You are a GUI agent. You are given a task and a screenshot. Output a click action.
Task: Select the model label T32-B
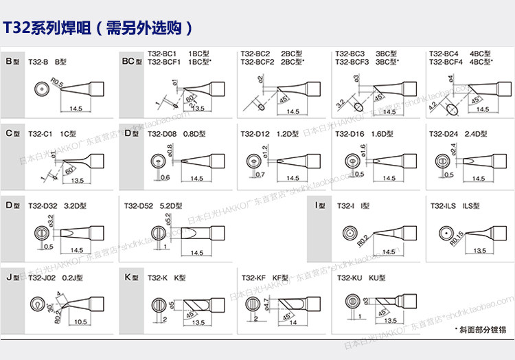(39, 62)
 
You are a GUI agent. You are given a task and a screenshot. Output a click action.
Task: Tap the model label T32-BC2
(255, 53)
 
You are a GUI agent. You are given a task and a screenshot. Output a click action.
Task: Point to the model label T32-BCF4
(446, 61)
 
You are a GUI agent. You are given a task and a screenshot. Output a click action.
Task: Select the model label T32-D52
(139, 205)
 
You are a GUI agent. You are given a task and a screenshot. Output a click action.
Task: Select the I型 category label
(319, 205)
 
